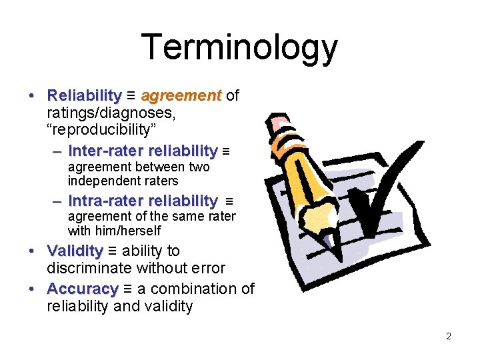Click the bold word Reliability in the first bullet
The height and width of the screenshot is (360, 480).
[x=85, y=96]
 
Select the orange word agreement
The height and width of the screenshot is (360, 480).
[x=181, y=96]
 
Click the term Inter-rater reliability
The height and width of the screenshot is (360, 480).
[x=143, y=151]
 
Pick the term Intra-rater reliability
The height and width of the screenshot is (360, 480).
[x=143, y=201]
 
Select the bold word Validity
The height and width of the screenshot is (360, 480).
[x=75, y=251]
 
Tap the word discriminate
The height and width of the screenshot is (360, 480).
[x=90, y=269]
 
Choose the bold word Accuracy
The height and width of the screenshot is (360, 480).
[x=82, y=289]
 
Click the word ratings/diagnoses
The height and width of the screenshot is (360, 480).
[x=111, y=113]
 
